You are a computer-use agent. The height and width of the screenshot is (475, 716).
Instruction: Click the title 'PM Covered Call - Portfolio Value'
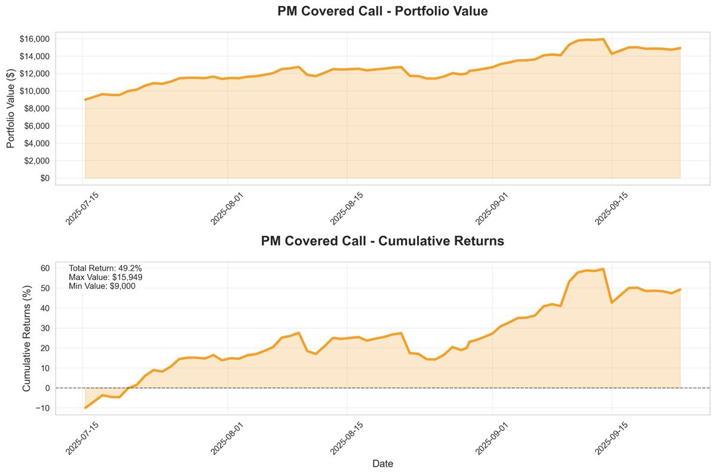(382, 11)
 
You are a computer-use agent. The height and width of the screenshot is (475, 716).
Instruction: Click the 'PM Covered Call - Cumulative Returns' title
(382, 241)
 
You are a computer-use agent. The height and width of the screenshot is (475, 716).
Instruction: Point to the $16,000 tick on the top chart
(35, 39)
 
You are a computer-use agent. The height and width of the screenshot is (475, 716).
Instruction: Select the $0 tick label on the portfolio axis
(45, 178)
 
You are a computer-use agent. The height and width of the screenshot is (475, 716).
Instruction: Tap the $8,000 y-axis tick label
(37, 109)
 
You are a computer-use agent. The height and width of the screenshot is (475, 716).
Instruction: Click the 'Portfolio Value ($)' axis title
(11, 109)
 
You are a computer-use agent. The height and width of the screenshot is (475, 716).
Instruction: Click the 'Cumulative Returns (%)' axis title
(26, 338)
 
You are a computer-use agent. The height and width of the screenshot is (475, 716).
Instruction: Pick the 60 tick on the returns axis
(45, 268)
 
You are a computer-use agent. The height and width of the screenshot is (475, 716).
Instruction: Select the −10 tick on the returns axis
(43, 408)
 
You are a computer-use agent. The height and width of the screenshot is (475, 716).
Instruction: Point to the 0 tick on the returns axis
(48, 388)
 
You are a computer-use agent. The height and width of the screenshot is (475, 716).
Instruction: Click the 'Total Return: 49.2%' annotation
(105, 268)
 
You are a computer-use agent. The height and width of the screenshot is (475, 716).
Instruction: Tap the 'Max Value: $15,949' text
(106, 277)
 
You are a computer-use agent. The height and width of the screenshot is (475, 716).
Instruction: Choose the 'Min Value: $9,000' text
(102, 286)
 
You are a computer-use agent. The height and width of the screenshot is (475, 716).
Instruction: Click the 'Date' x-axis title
(382, 464)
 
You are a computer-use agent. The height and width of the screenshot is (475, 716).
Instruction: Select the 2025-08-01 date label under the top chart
(227, 209)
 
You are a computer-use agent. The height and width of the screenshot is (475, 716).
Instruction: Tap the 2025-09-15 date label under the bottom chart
(612, 438)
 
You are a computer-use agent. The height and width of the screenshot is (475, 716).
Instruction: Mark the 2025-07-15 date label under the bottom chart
(82, 438)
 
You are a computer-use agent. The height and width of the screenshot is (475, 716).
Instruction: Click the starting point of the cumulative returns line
(85, 408)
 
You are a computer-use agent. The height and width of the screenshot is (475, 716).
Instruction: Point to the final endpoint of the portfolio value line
(680, 48)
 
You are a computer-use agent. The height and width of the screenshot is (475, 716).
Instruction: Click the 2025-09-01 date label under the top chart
(492, 209)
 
